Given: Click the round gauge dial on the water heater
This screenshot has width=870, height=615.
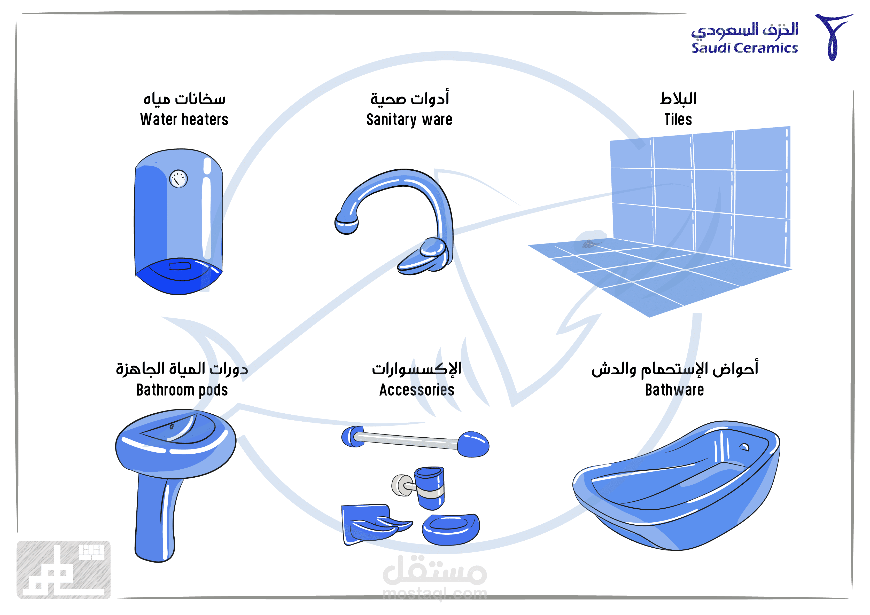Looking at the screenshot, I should coord(178,179).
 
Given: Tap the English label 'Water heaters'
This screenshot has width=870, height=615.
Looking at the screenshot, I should coord(184,120).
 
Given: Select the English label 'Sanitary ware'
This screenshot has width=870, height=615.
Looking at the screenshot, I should coord(409,120).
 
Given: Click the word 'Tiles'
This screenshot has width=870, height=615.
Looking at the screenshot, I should coord(678,120).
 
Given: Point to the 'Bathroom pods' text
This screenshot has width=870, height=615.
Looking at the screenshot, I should coord(182,390).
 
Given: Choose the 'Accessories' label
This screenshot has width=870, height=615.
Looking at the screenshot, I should coord(417,390).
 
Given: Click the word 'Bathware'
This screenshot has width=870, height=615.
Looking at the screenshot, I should coord(674,390).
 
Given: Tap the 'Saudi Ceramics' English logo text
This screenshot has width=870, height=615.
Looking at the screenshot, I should coord(744,48).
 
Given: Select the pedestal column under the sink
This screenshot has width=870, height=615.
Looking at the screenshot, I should coord(155,519).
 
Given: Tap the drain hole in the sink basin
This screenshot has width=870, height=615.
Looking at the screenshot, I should coord(172,427).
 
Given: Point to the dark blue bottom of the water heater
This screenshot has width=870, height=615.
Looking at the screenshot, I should coord(178,278).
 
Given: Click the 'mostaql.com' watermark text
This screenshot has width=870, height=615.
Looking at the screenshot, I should coord(435,594).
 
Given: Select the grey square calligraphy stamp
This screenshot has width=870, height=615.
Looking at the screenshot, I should coord(64,570).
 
